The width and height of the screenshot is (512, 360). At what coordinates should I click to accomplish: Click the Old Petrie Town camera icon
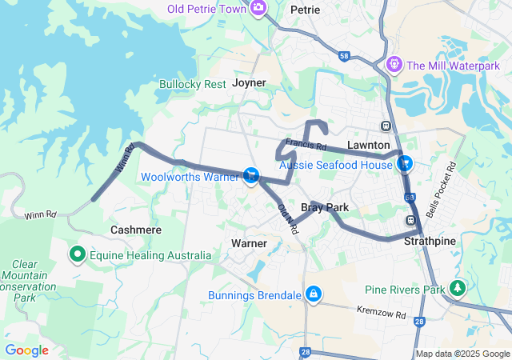tap(258, 9)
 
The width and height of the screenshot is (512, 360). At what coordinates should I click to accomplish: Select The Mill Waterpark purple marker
tap(393, 64)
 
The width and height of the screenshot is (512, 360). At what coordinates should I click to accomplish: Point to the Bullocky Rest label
tap(192, 83)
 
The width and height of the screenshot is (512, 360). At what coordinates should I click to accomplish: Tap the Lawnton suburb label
tap(368, 145)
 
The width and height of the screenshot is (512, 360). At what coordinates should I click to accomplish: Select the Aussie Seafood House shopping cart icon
tap(406, 163)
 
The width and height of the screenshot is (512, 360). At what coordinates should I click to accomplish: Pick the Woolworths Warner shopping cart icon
tap(251, 175)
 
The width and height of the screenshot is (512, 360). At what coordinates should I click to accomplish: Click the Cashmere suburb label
tap(135, 230)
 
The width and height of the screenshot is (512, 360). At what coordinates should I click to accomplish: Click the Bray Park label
tap(324, 207)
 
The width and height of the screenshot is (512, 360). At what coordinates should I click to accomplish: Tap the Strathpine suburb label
tap(430, 240)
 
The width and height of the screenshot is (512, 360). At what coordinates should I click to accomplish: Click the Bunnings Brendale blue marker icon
tap(313, 295)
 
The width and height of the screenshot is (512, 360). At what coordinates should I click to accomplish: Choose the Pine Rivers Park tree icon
tap(457, 287)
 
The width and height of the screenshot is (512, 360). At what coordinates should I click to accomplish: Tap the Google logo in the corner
tap(26, 350)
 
